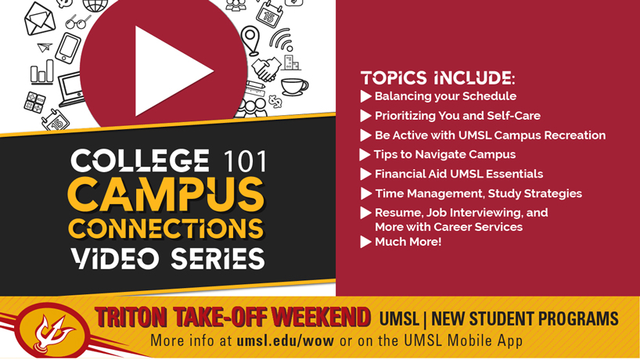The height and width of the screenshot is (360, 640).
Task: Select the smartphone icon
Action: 68,48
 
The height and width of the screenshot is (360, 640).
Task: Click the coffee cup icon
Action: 294,86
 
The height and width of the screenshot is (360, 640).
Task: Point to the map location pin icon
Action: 250,40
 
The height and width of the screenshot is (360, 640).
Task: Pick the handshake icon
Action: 267,69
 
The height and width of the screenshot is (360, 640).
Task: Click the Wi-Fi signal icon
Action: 281,40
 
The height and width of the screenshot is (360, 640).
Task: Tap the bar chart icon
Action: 41,72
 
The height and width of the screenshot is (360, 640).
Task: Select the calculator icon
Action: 34,102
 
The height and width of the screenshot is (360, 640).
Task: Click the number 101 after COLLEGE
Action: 246,160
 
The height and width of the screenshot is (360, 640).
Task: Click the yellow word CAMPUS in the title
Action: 166,194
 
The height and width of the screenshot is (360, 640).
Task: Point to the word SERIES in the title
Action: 218,259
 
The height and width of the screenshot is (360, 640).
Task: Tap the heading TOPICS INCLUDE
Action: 437,78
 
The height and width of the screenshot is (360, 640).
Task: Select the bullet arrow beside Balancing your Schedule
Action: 365,96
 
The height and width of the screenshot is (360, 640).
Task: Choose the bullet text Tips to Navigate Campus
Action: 444,154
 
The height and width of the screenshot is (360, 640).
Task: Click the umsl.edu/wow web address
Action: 286,340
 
